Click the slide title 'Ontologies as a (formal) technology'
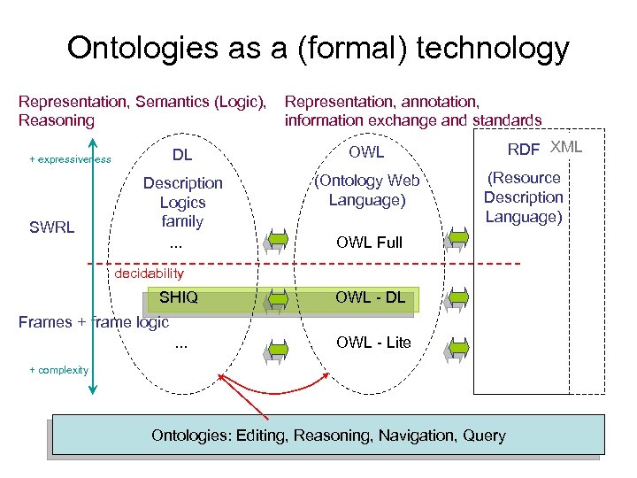[318, 48]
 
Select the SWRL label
[52, 227]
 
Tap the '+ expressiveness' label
[70, 159]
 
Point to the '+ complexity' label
[59, 369]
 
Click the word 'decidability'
[150, 274]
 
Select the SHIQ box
[179, 298]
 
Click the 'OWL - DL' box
[370, 298]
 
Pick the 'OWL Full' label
[370, 242]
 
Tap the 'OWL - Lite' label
[373, 342]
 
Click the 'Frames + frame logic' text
[94, 322]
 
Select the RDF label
[524, 150]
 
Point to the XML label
[566, 147]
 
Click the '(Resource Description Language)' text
[523, 197]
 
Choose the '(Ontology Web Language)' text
[367, 190]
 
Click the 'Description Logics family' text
[183, 202]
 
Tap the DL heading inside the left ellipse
[182, 156]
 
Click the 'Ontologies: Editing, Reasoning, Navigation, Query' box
[328, 435]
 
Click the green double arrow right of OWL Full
[458, 238]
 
